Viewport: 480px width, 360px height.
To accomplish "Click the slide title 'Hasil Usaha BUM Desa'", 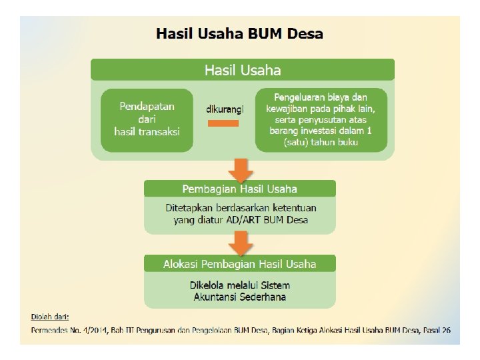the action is [239, 33].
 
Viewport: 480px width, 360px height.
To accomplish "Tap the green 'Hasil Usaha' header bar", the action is [242, 70].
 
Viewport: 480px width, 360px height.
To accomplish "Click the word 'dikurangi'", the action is [225, 109].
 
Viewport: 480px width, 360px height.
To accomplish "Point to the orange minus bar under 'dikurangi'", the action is [223, 123].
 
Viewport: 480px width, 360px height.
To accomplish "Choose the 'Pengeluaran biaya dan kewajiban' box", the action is [321, 119].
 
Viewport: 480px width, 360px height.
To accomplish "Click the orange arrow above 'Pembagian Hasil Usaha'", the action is [240, 169].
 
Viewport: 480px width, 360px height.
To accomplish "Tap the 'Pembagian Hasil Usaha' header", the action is [240, 189].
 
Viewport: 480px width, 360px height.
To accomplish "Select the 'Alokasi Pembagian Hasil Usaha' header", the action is [240, 264].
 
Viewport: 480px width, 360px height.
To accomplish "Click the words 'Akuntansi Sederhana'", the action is [240, 297].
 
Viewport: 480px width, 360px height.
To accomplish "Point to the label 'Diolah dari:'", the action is [50, 316].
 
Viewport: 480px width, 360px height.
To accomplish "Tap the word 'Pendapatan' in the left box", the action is [147, 106].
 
